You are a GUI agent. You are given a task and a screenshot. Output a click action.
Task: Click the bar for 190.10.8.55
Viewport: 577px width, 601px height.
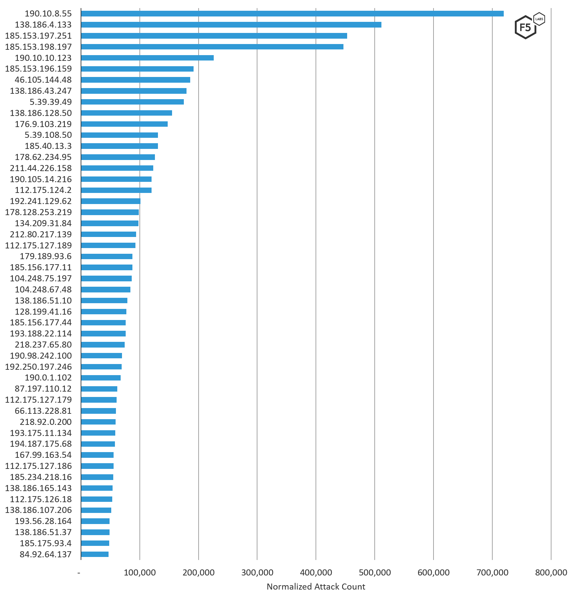[292, 13]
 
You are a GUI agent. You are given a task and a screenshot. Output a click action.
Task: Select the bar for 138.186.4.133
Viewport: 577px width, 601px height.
[231, 25]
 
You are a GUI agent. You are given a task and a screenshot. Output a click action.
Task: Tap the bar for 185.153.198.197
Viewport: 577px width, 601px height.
[212, 47]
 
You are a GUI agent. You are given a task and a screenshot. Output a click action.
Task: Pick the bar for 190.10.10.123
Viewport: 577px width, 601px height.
[147, 58]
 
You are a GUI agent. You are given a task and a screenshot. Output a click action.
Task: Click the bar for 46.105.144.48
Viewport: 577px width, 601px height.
[135, 80]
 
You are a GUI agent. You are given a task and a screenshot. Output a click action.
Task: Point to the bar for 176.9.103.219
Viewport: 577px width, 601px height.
[124, 124]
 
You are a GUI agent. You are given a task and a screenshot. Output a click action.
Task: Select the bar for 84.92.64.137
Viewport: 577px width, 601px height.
[95, 554]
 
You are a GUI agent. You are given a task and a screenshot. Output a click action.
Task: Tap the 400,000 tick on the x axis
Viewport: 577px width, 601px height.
[316, 572]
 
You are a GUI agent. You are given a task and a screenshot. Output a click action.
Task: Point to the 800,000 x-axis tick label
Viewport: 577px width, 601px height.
[551, 572]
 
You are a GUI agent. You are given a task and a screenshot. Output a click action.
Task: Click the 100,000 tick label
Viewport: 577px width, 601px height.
[139, 572]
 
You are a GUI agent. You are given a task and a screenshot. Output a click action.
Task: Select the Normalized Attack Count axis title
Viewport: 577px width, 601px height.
[316, 587]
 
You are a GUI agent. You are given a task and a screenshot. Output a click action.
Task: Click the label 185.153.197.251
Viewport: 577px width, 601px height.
[38, 36]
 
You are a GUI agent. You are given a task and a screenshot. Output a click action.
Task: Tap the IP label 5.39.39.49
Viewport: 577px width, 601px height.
[51, 102]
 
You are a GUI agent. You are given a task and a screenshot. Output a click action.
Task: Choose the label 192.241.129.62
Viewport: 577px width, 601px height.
[41, 201]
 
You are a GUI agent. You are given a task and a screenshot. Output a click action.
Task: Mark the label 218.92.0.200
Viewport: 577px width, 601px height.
[46, 422]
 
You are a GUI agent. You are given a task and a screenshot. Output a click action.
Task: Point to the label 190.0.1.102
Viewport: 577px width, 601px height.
[48, 377]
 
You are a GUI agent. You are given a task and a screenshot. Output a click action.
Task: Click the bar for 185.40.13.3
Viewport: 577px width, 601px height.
[119, 146]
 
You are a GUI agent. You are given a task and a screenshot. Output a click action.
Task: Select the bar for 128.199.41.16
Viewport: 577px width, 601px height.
[104, 312]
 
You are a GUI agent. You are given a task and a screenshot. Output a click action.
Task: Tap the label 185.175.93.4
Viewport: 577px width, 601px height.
[46, 543]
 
